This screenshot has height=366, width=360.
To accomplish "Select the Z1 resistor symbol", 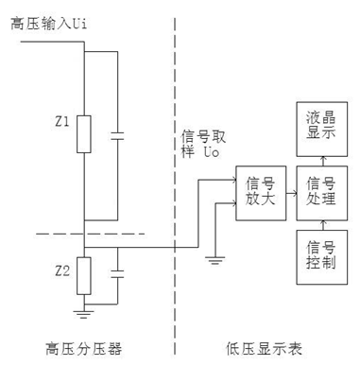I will pos(84,132).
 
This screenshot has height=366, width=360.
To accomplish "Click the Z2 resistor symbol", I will pos(84,276).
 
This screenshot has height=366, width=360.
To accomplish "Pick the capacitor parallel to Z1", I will pos(118,135).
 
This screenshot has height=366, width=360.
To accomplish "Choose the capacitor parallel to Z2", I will pos(118,275).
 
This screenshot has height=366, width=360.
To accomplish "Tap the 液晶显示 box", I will pos(316,125).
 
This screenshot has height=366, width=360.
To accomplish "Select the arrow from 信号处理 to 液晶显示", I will pos(316,158).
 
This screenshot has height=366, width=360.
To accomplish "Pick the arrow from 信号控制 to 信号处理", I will pos(316,224).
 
